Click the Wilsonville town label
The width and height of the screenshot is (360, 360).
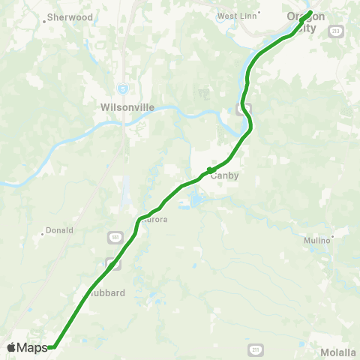coord(127,107)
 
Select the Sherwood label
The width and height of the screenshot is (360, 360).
coord(70,16)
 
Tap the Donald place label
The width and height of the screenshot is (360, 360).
coord(60,230)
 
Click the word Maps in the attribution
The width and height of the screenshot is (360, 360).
coord(33,347)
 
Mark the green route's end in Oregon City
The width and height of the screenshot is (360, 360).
coord(310,12)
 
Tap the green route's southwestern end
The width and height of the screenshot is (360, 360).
coord(52,347)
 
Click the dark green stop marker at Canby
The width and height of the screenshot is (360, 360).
coord(209,169)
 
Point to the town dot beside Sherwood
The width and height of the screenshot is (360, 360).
coord(45,21)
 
